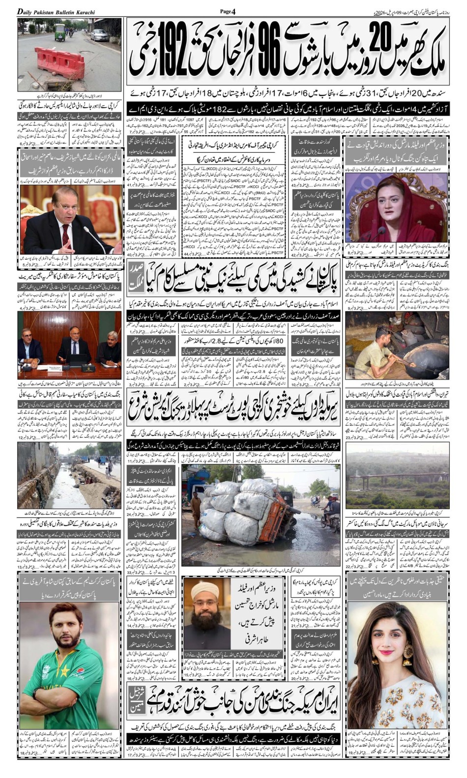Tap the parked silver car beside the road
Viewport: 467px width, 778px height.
point(99,35)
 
